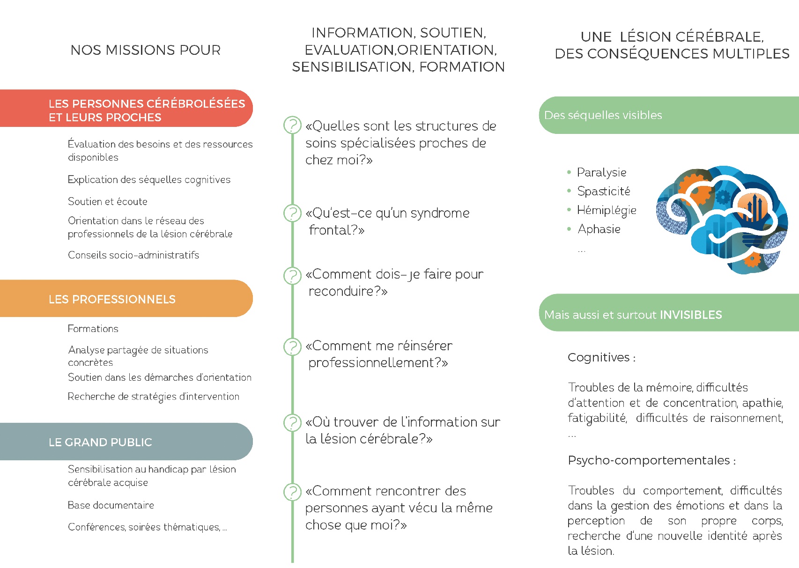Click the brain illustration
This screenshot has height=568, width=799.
point(722,220)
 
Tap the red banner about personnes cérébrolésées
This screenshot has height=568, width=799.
point(126,108)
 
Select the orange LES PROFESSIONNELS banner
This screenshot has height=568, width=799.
point(126,298)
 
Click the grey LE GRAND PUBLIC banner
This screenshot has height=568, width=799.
point(126,442)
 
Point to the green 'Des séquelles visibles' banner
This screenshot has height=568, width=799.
point(669,115)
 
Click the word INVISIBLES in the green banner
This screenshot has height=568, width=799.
point(691,315)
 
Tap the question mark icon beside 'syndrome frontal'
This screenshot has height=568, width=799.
point(293,213)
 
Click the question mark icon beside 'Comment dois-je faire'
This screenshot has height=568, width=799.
point(293,276)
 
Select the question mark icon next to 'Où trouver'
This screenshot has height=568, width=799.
point(293,423)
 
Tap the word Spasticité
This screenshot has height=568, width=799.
point(604,191)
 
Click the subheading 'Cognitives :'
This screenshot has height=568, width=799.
point(602,357)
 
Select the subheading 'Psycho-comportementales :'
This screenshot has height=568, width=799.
point(651,460)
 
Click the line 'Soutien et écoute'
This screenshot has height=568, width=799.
point(107,201)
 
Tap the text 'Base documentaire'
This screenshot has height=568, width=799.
point(111,505)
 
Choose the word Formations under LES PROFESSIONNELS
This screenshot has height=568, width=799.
point(93,328)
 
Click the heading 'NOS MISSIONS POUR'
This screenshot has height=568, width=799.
point(146,50)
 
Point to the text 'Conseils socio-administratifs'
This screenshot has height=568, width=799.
point(133,255)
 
